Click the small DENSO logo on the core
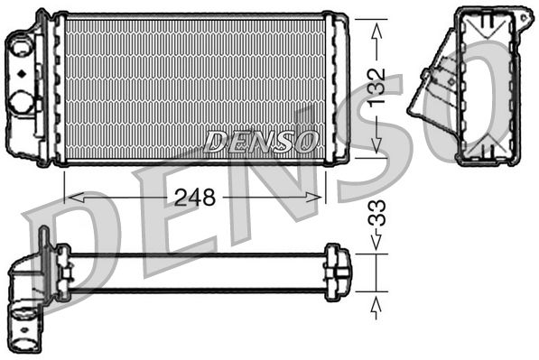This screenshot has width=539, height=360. [262, 141]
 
